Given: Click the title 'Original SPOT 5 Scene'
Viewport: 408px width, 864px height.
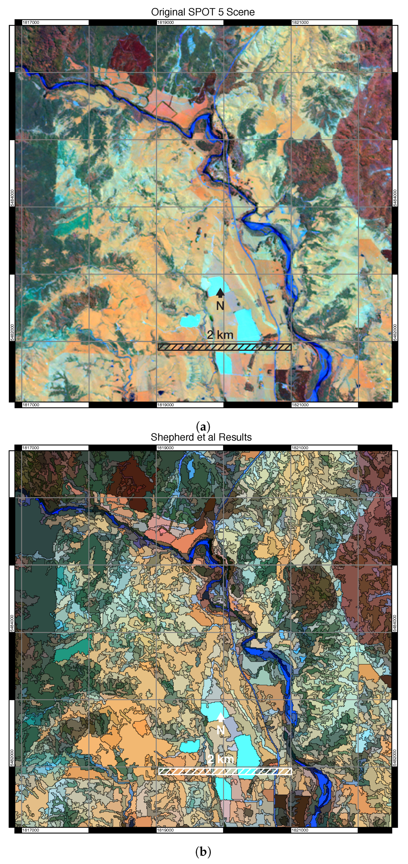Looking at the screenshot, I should (203, 12).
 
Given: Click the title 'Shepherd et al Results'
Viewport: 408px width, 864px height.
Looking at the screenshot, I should (201, 437).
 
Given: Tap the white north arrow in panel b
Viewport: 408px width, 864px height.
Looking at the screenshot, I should (220, 717).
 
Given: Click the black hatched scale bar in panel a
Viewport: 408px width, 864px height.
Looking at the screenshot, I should (225, 347).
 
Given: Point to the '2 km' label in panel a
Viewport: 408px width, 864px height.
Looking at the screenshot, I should (220, 334).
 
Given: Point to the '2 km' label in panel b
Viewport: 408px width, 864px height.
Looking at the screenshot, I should (220, 759).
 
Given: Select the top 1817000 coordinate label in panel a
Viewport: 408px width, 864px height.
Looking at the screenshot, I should (31, 22).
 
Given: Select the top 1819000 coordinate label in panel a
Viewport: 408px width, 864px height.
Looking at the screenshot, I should (165, 22).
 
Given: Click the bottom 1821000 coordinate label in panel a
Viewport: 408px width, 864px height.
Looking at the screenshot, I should (300, 405).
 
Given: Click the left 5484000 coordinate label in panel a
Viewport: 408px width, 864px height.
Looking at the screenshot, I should (12, 198).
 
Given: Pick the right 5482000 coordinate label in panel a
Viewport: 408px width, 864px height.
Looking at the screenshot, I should (395, 332).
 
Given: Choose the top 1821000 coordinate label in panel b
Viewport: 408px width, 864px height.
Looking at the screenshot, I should (300, 448).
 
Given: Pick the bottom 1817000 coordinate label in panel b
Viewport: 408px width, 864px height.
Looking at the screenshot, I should (31, 830).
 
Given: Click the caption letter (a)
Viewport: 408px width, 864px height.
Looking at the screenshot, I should (203, 427).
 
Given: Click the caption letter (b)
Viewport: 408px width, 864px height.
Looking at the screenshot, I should (203, 852).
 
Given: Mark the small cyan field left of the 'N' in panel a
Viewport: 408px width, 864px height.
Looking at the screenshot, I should (190, 321).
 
